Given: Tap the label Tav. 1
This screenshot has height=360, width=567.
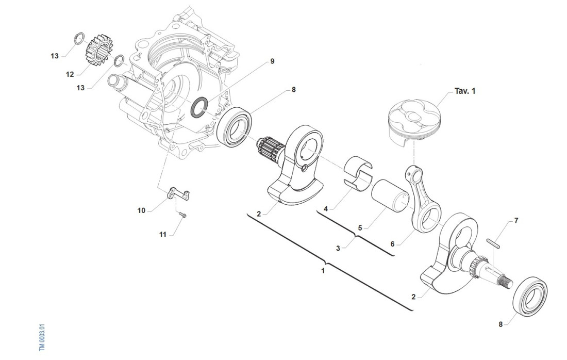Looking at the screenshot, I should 465,91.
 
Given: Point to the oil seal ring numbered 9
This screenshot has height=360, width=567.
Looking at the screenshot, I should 199,106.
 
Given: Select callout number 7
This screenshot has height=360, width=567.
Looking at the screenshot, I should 516,220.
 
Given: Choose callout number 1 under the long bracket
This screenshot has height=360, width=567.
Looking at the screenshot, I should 323,270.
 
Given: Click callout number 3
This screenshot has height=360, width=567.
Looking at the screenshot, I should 338,248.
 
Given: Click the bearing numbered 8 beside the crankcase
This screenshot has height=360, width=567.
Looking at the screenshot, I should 235,126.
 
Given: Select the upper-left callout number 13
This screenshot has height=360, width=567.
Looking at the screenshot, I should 55,56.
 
